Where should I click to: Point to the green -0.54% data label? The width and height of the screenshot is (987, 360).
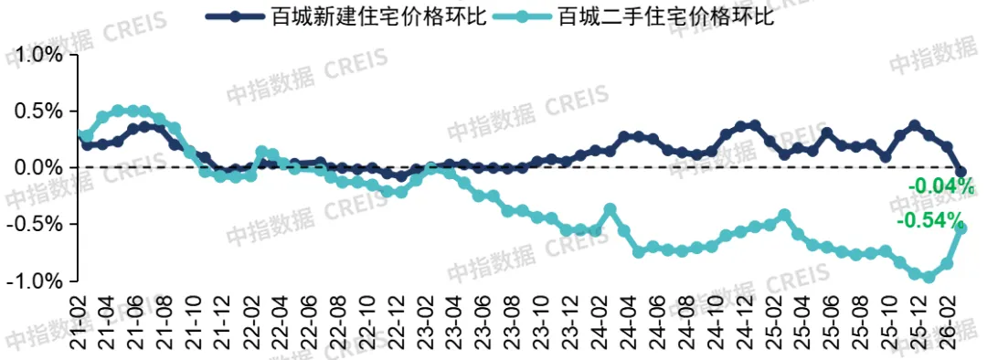click(x=930, y=221)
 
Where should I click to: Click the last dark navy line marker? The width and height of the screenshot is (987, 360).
click(x=961, y=172)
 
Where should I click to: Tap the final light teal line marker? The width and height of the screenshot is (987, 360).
click(x=961, y=228)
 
